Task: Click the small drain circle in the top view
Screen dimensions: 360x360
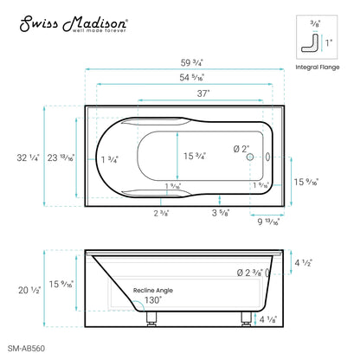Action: click(249, 157)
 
